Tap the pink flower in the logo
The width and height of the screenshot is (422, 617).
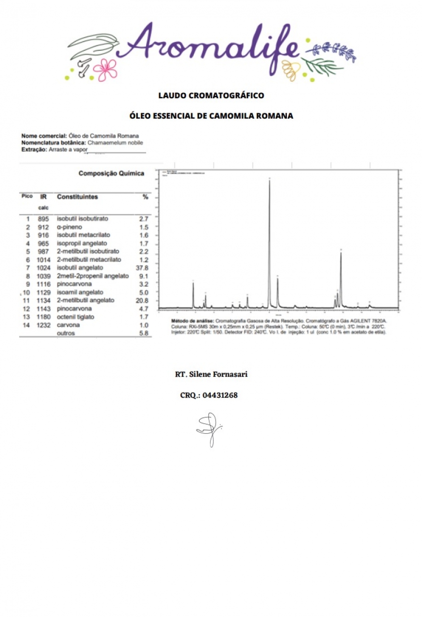pyautogui.click(x=105, y=69)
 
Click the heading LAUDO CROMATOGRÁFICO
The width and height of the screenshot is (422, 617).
pyautogui.click(x=211, y=95)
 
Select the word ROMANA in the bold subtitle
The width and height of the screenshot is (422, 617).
pyautogui.click(x=275, y=116)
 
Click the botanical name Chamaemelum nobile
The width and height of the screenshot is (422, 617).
pyautogui.click(x=115, y=143)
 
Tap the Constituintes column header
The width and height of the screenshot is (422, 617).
pyautogui.click(x=77, y=197)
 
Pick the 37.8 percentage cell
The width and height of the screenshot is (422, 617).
pyautogui.click(x=143, y=268)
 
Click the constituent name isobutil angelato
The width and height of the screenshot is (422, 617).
pyautogui.click(x=80, y=268)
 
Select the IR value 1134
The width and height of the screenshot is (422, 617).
pyautogui.click(x=43, y=300)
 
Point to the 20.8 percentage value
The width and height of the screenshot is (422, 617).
pyautogui.click(x=143, y=300)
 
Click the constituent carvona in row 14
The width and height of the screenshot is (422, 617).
pyautogui.click(x=68, y=325)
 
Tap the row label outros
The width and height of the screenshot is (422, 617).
pyautogui.click(x=66, y=333)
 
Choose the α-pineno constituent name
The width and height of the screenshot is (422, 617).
pyautogui.click(x=69, y=227)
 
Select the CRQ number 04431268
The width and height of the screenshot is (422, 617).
pyautogui.click(x=220, y=395)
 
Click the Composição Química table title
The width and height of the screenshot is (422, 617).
pyautogui.click(x=111, y=174)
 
